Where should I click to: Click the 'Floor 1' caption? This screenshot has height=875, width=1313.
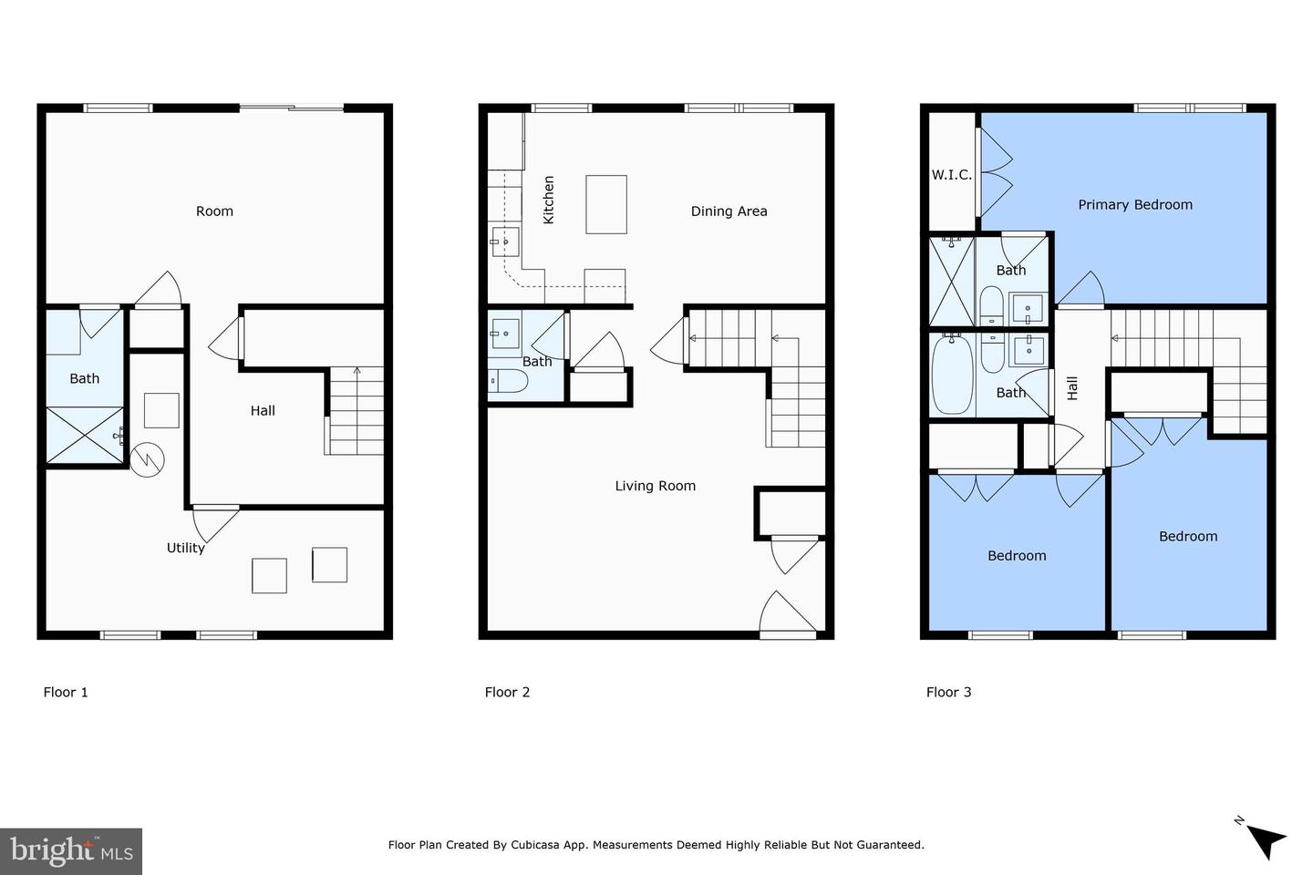click(x=66, y=692)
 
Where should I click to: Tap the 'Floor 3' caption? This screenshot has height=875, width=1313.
click(x=948, y=692)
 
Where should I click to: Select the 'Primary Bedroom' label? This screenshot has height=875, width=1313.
click(x=1135, y=205)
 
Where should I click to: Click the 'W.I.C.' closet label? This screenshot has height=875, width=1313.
click(x=951, y=175)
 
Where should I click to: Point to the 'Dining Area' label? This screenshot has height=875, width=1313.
click(x=729, y=211)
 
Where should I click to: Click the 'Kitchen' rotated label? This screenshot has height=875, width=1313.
click(x=549, y=201)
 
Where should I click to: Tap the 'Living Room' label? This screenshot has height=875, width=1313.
click(x=655, y=486)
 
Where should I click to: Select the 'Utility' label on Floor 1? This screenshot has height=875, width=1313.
click(x=185, y=548)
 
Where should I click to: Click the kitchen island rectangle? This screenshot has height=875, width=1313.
click(x=606, y=204)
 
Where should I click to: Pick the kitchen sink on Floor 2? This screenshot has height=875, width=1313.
click(x=505, y=242)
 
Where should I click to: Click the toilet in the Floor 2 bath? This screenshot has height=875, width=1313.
click(x=507, y=381)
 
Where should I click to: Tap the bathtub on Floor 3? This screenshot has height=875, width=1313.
click(x=953, y=375)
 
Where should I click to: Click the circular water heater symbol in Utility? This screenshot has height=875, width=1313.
click(x=147, y=459)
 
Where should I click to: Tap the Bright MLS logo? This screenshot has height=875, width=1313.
click(x=71, y=851)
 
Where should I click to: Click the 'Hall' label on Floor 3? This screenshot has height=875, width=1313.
click(x=1072, y=388)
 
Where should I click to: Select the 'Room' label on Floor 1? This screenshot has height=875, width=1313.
click(x=214, y=211)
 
